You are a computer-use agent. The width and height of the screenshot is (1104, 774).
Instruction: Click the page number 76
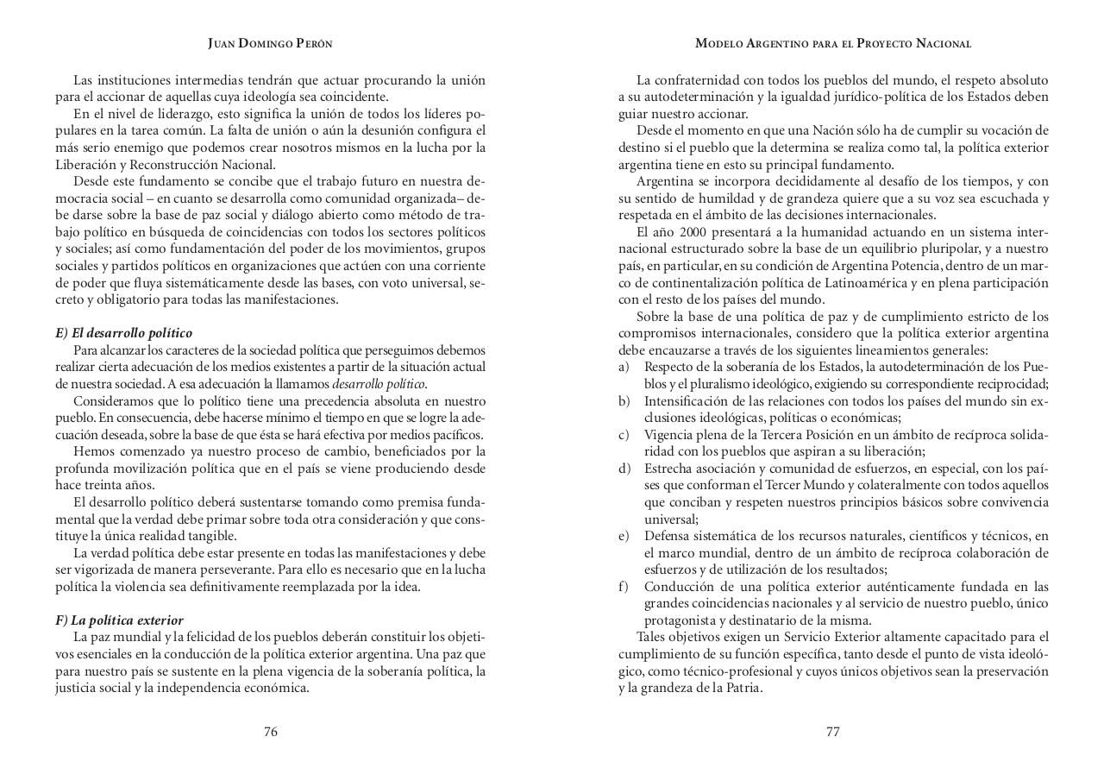(x=270, y=732)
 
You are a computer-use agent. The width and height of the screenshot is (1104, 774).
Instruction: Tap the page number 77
(x=832, y=732)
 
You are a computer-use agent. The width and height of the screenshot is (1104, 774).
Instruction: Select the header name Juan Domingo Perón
(x=270, y=43)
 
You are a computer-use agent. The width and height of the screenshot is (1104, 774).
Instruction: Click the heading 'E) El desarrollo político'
(x=123, y=333)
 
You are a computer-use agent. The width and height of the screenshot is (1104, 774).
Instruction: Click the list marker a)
(x=624, y=368)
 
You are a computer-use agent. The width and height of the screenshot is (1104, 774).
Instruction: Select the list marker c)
(x=624, y=435)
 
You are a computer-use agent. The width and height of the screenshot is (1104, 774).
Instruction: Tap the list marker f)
(x=623, y=587)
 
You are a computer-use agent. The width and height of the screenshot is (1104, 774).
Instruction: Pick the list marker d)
(x=624, y=469)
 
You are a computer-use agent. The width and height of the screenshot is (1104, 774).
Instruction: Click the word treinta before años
(x=103, y=486)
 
